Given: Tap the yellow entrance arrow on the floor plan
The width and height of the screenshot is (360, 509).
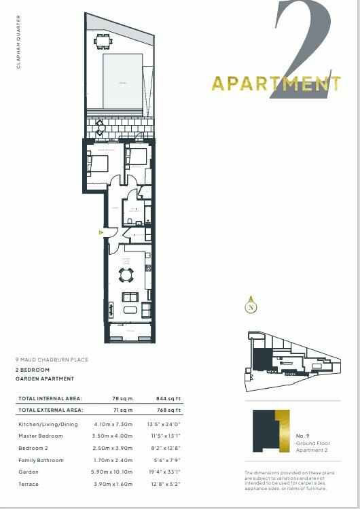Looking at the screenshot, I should tap(102, 233).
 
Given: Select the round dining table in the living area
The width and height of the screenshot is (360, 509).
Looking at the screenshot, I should tap(126, 275).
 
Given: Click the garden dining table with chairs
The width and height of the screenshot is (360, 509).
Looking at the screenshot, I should tap(103, 41).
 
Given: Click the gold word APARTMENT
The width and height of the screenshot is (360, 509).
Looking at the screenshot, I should tap(274, 84).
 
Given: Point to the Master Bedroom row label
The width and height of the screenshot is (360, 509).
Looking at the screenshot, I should tap(41, 436).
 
